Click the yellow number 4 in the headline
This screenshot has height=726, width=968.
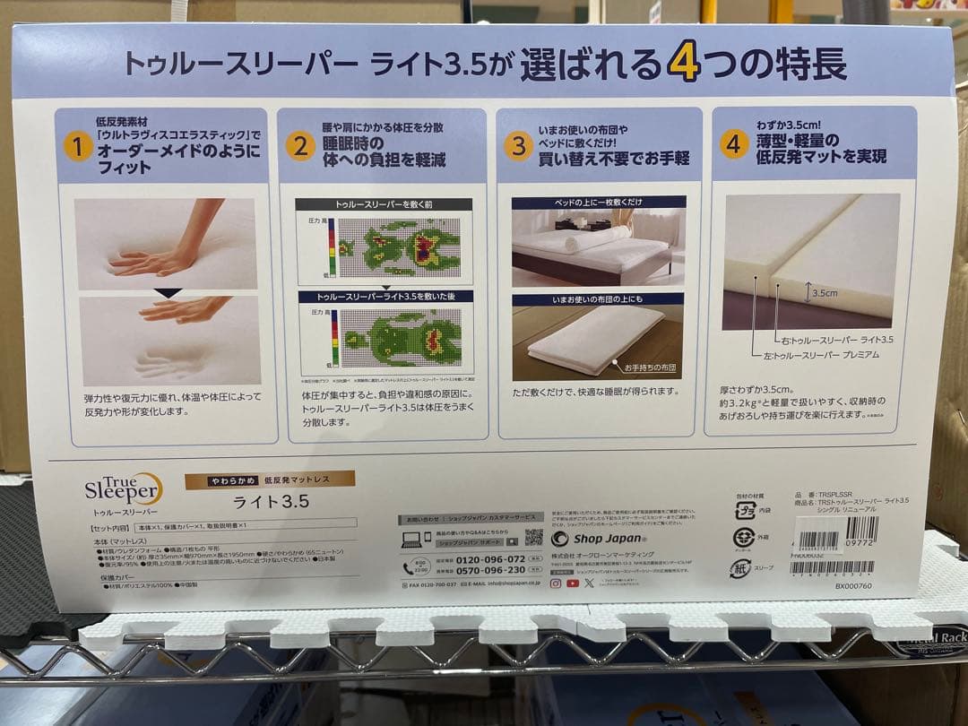pyautogui.click(x=683, y=65)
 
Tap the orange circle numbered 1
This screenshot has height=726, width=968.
pyautogui.click(x=78, y=147)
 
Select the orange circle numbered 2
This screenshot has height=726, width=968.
pyautogui.click(x=299, y=146)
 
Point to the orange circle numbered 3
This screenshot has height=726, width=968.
pyautogui.click(x=518, y=145)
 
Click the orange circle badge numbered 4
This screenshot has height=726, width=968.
pyautogui.click(x=734, y=143)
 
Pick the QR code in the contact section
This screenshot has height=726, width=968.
pyautogui.click(x=533, y=537)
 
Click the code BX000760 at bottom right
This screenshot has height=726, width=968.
pyautogui.click(x=852, y=585)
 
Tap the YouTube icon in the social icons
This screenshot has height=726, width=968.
pyautogui.click(x=572, y=583)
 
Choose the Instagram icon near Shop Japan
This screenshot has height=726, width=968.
pyautogui.click(x=556, y=583)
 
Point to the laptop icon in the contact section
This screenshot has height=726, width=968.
pyautogui.click(x=412, y=540)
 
